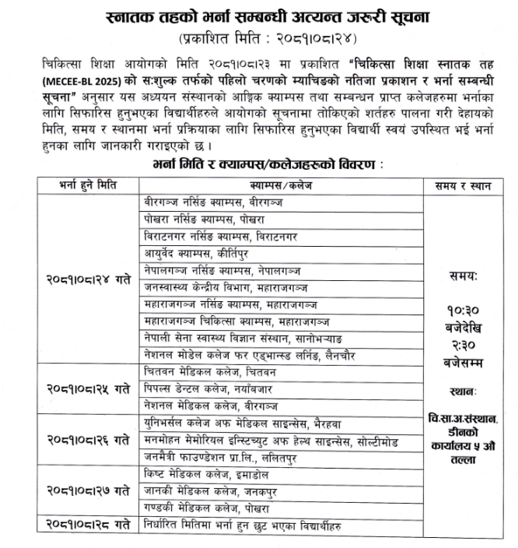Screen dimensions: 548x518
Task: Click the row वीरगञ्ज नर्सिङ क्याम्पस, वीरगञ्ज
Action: pyautogui.click(x=213, y=201)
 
